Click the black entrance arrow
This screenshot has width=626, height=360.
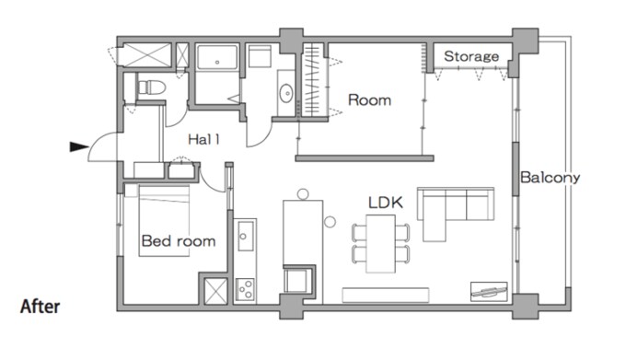[78, 147]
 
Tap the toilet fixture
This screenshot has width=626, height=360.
[151, 87]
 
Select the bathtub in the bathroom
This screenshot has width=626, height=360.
[217, 57]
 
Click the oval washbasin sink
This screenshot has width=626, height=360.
[286, 93]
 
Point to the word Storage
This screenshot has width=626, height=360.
[471, 56]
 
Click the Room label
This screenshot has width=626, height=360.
[369, 99]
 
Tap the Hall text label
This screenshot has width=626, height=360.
[203, 139]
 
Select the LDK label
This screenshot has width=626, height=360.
[385, 203]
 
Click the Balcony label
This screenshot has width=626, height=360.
[551, 177]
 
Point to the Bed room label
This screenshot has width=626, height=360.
[179, 241]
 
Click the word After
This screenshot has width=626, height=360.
[40, 307]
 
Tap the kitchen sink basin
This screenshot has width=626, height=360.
[245, 236]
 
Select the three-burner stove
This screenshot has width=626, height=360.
[245, 289]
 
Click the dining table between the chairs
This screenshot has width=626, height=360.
[381, 244]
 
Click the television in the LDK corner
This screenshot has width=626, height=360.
[489, 292]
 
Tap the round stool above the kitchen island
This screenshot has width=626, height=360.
[303, 194]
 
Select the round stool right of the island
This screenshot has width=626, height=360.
[330, 222]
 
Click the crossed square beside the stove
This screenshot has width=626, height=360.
[215, 291]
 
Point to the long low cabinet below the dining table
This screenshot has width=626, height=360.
[386, 295]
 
